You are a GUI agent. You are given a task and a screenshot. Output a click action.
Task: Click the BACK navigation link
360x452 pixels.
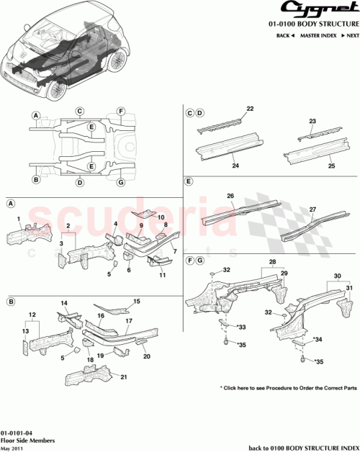click(285, 35)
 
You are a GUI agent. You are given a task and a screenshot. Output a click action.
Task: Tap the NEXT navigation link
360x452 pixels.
click(351, 35)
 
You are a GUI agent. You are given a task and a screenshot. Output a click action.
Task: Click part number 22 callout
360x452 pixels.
click(250, 109)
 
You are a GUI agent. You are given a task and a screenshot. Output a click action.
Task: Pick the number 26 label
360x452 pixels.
click(231, 195)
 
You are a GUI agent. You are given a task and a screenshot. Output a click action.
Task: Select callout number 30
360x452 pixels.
click(337, 276)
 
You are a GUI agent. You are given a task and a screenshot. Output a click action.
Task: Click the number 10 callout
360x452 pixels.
click(161, 217)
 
